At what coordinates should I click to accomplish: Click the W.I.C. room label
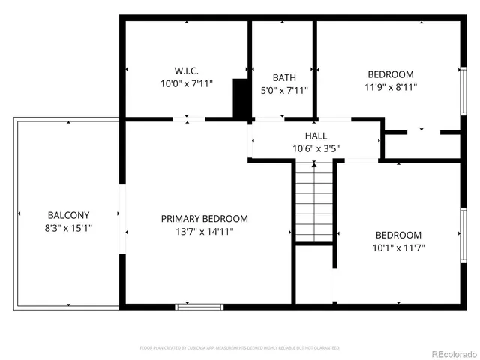(x=187, y=71)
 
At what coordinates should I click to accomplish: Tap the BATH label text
(x=283, y=77)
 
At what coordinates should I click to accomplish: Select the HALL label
(x=316, y=136)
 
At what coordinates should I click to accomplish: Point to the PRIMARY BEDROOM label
(x=204, y=219)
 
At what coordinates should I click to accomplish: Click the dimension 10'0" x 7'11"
(x=187, y=84)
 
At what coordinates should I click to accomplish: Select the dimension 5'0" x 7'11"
(x=283, y=90)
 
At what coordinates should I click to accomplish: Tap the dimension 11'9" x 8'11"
(x=391, y=87)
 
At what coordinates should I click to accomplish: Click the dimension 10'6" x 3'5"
(x=316, y=148)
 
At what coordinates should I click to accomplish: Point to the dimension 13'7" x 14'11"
(x=204, y=232)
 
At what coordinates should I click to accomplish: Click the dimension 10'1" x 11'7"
(x=398, y=247)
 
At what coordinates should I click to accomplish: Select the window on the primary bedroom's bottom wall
(x=199, y=306)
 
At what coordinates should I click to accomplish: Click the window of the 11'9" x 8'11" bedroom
(x=463, y=91)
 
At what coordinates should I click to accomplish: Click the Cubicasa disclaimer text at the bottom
(x=240, y=348)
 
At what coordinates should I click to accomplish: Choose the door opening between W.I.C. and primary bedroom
(x=186, y=119)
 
